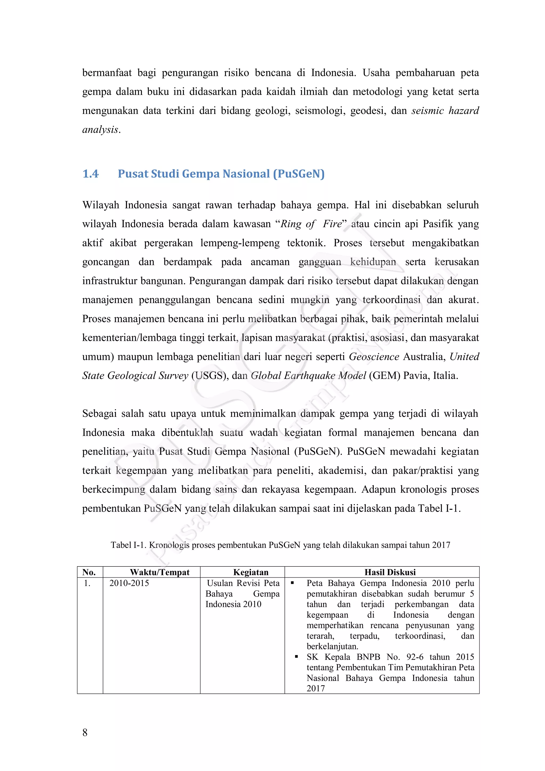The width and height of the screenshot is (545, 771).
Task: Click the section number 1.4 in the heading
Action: tap(90, 174)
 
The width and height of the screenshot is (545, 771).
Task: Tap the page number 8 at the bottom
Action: tap(85, 732)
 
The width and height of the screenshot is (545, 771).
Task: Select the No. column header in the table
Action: tap(89, 572)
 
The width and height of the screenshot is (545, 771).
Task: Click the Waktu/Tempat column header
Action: tap(160, 572)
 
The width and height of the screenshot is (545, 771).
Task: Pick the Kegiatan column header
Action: tap(251, 572)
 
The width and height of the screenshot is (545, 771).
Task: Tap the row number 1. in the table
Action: tap(87, 583)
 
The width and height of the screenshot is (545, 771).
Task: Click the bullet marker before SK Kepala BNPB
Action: tap(296, 656)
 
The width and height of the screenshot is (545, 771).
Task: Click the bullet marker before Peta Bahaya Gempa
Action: tap(292, 583)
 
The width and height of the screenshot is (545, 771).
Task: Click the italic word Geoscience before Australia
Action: tap(374, 357)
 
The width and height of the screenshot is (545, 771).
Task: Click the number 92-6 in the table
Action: tap(415, 657)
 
